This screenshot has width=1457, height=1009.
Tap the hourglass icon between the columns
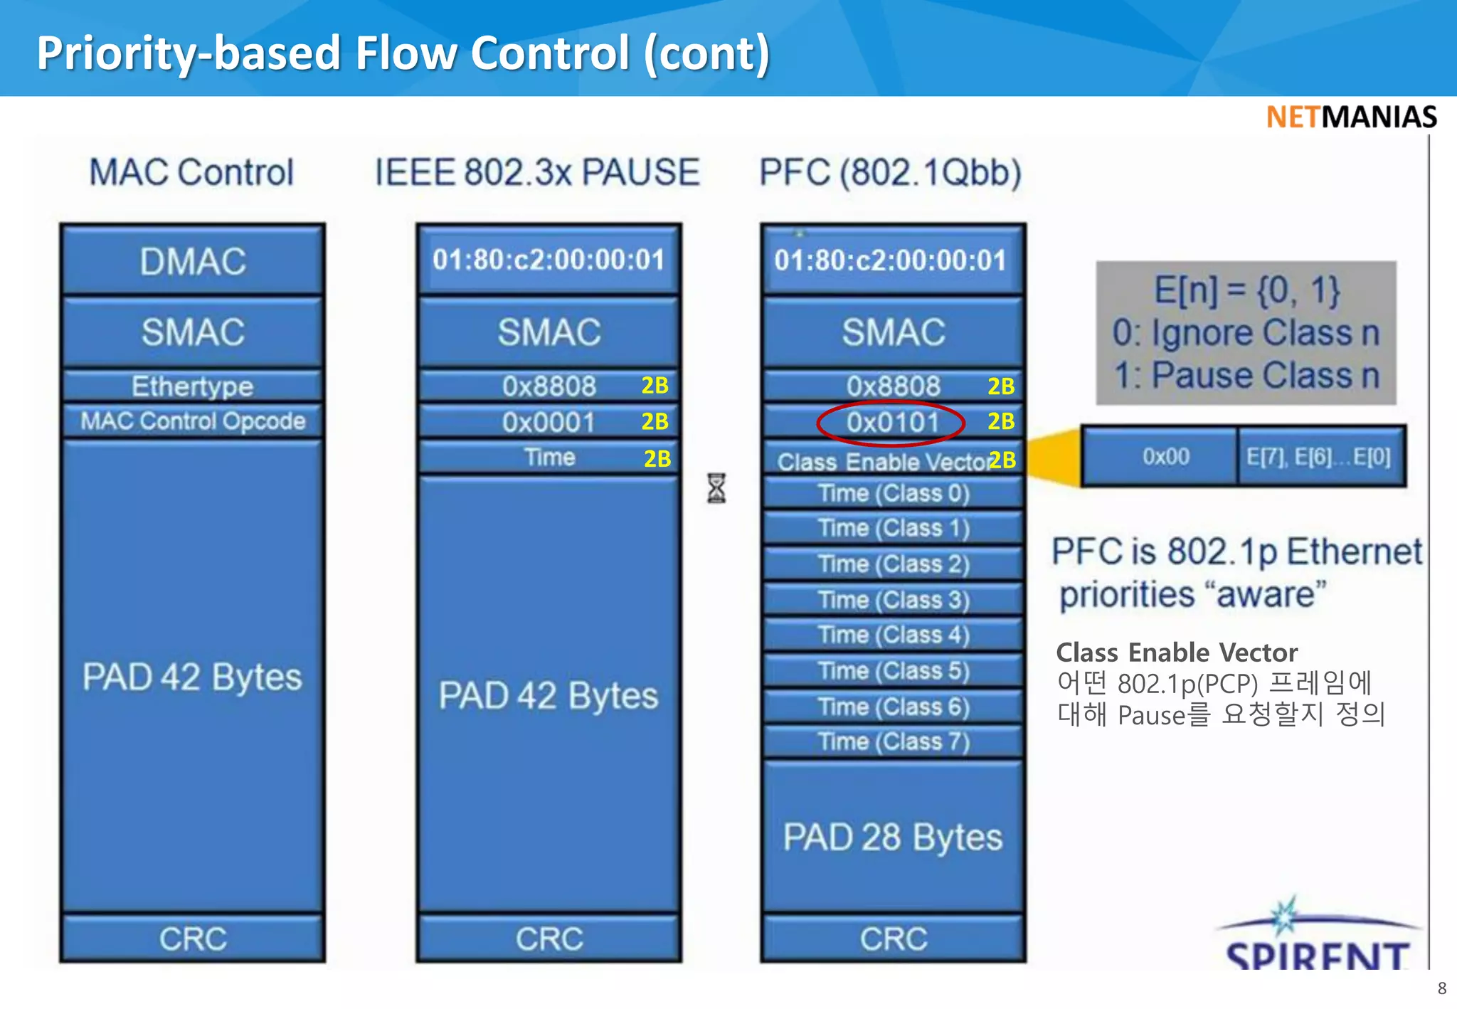716,488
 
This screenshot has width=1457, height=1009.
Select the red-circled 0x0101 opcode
891,423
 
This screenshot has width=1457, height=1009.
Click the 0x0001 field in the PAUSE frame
549,423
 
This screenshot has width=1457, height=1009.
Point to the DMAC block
193,261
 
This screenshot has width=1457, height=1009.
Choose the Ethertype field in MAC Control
193,386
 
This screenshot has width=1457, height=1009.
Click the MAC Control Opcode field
193,421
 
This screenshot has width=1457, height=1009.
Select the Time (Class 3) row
894,600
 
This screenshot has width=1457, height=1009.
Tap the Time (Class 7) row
894,742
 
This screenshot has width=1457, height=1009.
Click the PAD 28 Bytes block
893,837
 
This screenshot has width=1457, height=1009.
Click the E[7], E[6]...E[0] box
1318,457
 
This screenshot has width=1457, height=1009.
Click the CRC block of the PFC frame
894,939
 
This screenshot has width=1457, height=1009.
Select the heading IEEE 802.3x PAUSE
537,173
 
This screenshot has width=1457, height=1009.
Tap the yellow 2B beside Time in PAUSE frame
657,459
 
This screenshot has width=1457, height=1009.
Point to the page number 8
1441,988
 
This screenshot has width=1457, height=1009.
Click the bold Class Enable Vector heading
1176,653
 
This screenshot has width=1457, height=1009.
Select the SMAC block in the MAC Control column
193,332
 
